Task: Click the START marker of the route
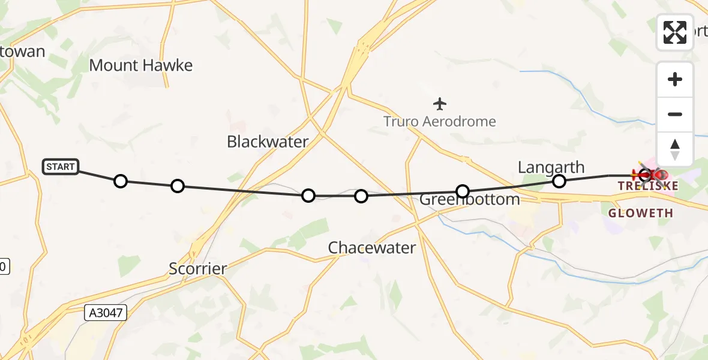coord(61,167)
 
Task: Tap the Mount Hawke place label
coord(141,65)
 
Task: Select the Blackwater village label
coord(268,142)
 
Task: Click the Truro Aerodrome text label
coord(440,122)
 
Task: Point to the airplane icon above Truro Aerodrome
coord(440,104)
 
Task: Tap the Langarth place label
coord(551,167)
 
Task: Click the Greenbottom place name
coord(470,200)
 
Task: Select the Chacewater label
coord(372,248)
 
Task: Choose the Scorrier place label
coord(198,269)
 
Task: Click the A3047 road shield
coord(106,312)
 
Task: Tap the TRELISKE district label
coord(648,186)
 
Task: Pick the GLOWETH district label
coord(640,213)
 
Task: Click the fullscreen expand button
coord(675,32)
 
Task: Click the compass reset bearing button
coord(675,149)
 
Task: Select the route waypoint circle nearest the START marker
coord(121,181)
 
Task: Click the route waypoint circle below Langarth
coord(559,181)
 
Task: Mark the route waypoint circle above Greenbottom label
coord(463,191)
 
